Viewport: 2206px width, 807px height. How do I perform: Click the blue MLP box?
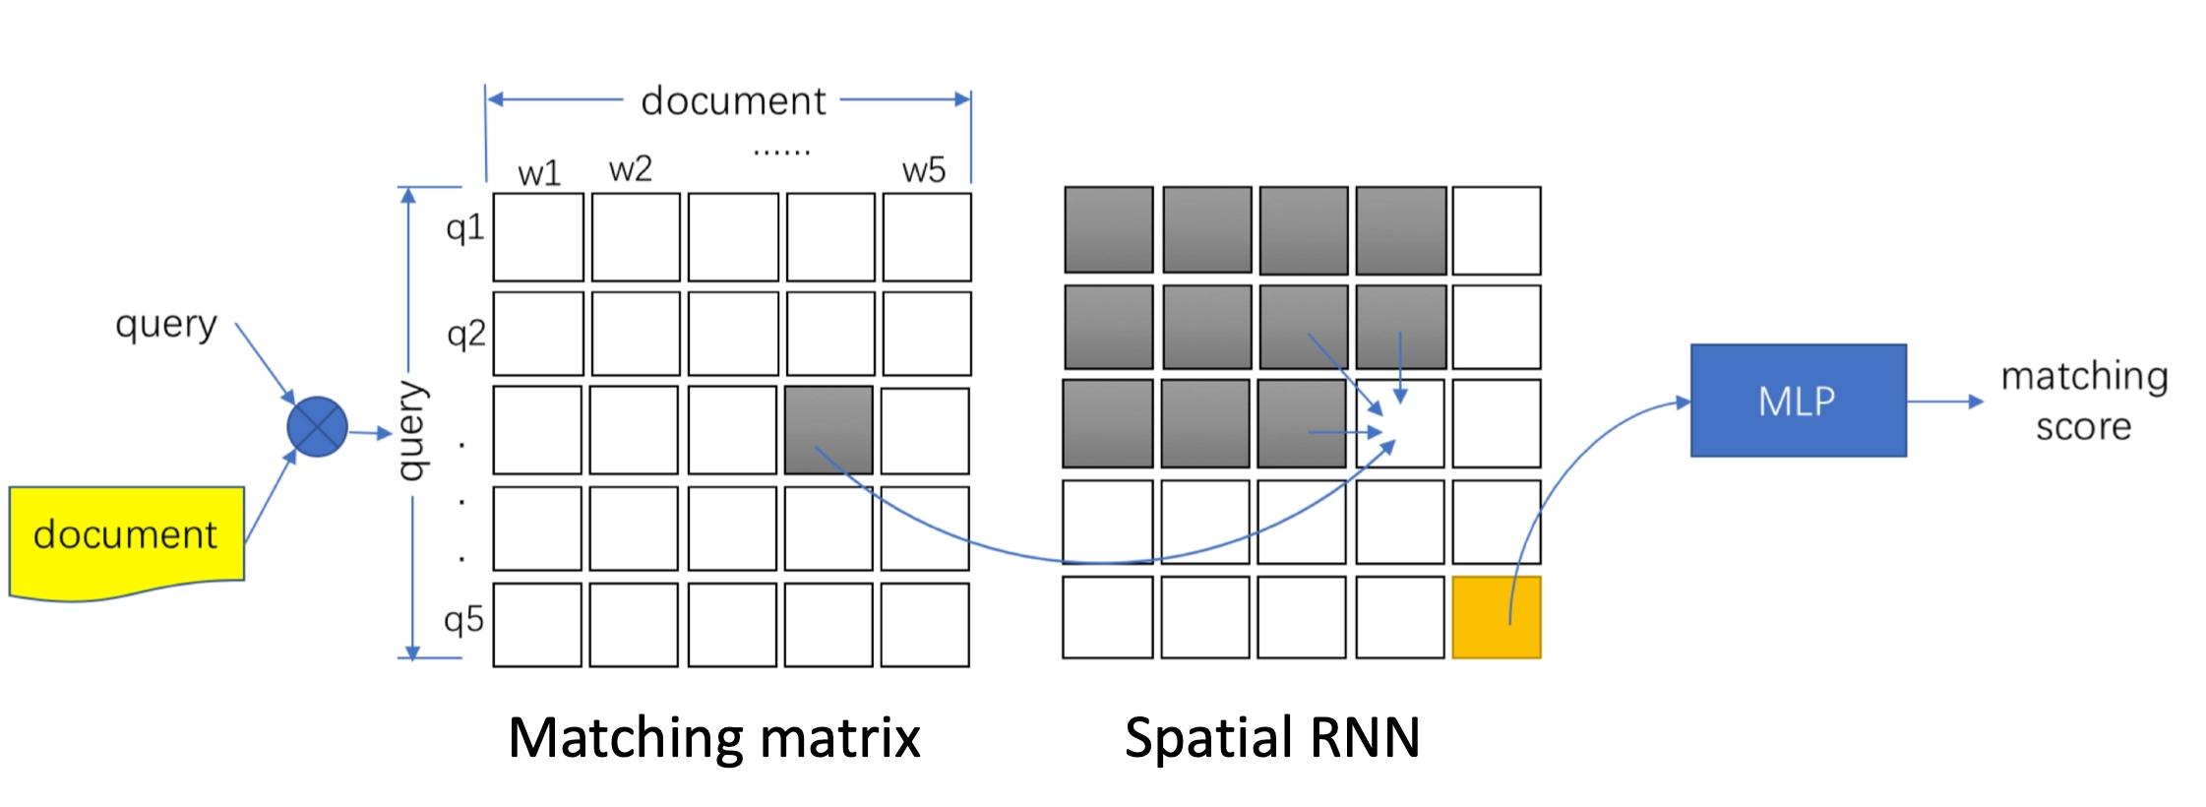(x=1798, y=401)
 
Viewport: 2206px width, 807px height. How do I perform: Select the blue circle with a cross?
(x=317, y=427)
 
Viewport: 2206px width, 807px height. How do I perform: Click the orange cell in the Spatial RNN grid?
(x=1496, y=618)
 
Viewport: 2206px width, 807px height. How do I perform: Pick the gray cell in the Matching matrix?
(x=828, y=430)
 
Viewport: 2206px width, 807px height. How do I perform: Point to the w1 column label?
(x=539, y=173)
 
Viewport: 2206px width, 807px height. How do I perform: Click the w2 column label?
(x=631, y=169)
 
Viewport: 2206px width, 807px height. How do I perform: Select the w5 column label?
(x=924, y=170)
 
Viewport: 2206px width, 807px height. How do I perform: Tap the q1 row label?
(x=464, y=228)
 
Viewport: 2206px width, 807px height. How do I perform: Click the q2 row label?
(x=465, y=335)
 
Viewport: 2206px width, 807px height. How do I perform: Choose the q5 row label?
(x=463, y=620)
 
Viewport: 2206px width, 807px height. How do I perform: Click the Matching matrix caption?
(x=713, y=738)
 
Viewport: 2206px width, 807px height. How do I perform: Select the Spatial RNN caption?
(x=1272, y=738)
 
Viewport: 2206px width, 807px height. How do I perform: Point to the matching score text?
(x=2084, y=402)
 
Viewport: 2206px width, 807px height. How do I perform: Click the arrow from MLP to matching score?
(x=1944, y=402)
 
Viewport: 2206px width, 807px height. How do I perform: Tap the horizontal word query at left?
(x=165, y=325)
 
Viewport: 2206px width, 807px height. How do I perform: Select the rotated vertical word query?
(x=412, y=430)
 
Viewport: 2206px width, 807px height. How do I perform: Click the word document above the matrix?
(x=733, y=101)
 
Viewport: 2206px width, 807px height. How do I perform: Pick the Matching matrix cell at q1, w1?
(x=538, y=237)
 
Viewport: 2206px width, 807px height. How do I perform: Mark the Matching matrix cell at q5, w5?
(x=925, y=625)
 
